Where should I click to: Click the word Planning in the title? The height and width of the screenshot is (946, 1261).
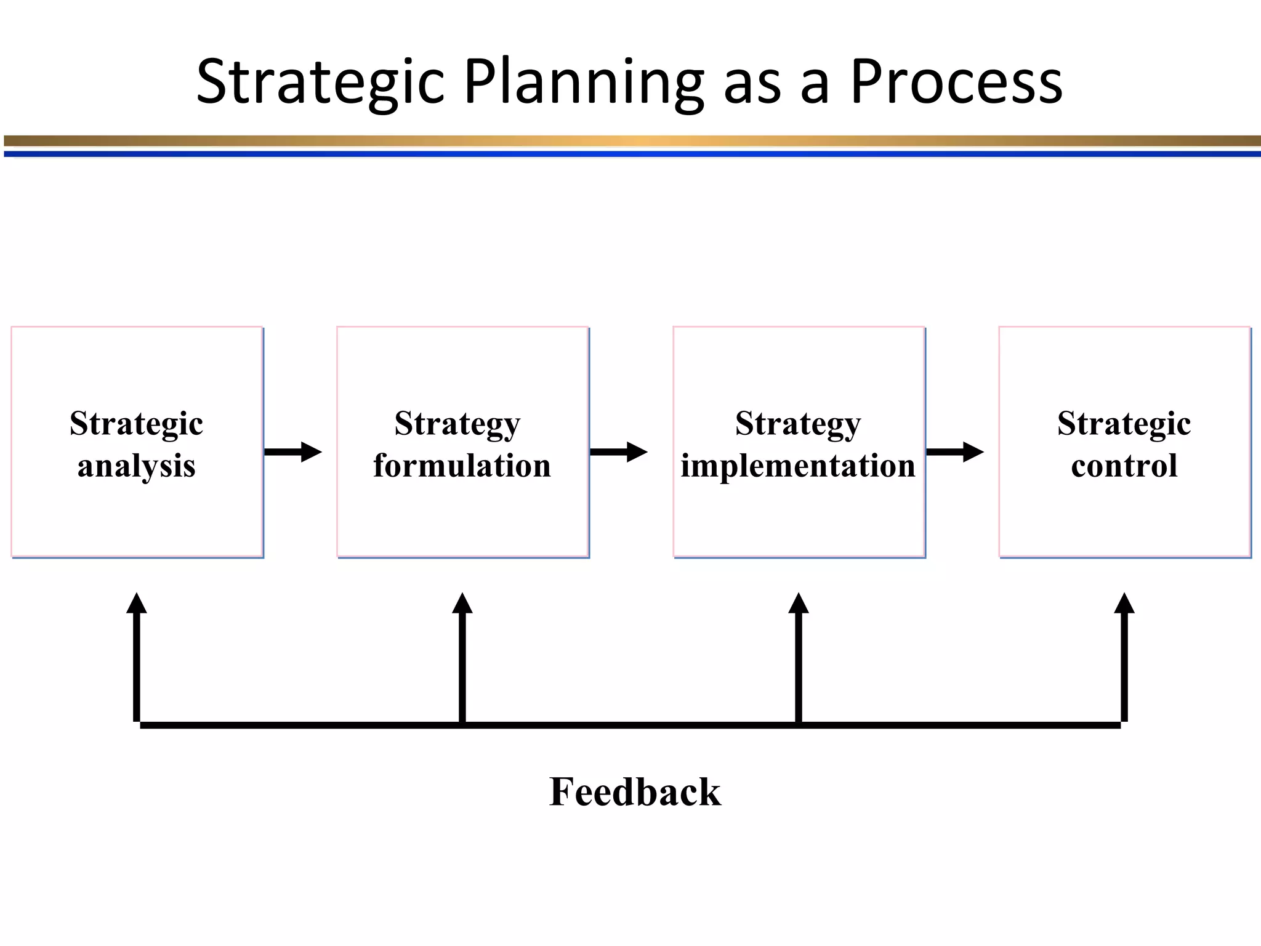[x=582, y=83]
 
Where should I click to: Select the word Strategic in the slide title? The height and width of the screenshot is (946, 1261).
[x=320, y=83]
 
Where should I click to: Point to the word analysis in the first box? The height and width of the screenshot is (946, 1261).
[x=137, y=466]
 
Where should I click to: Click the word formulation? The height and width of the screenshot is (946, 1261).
[x=462, y=466]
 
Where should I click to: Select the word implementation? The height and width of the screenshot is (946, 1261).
[x=798, y=466]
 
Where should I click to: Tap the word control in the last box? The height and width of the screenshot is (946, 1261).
[x=1124, y=466]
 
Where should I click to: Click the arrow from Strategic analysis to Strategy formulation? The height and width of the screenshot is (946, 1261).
[x=293, y=452]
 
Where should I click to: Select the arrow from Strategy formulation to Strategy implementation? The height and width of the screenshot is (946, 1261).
[x=619, y=452]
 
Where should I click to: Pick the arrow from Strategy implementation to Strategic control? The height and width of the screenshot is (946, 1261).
[x=955, y=452]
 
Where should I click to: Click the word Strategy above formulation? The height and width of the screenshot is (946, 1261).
[x=457, y=424]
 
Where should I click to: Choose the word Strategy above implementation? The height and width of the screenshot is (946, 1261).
[x=798, y=424]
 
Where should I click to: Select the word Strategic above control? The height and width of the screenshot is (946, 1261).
[x=1124, y=424]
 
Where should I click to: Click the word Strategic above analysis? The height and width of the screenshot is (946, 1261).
[x=137, y=424]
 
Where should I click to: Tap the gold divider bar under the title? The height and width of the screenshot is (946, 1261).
[x=630, y=141]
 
